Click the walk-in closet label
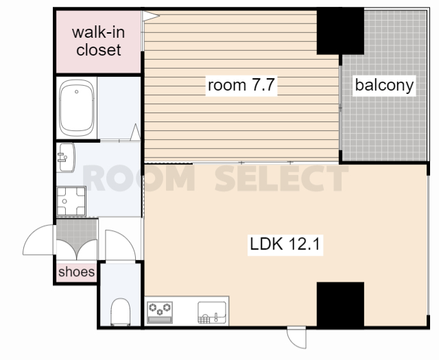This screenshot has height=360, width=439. pyautogui.click(x=98, y=41)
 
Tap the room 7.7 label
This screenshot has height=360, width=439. pyautogui.click(x=241, y=85)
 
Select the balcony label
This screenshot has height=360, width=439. pyautogui.click(x=384, y=85)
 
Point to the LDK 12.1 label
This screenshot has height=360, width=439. pyautogui.click(x=285, y=244)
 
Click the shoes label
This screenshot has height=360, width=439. pyautogui.click(x=76, y=272)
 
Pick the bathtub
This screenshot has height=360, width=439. pyautogui.click(x=76, y=108)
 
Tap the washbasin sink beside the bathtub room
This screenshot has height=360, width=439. pyautogui.click(x=66, y=158)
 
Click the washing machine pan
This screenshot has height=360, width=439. pyautogui.click(x=71, y=202)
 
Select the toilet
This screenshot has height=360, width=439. pyautogui.click(x=121, y=311)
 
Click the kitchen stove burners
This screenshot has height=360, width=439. pyautogui.click(x=160, y=313)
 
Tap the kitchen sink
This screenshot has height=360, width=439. pyautogui.click(x=212, y=313)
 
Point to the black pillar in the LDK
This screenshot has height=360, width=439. pyautogui.click(x=340, y=304)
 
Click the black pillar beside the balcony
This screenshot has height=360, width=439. pyautogui.click(x=340, y=31)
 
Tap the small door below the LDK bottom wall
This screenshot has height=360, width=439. pyautogui.click(x=297, y=337)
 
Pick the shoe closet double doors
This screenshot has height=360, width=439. pyautogui.click(x=77, y=250)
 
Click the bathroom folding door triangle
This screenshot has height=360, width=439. pyautogui.click(x=136, y=132)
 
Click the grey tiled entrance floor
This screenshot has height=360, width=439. pyautogui.click(x=77, y=231)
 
